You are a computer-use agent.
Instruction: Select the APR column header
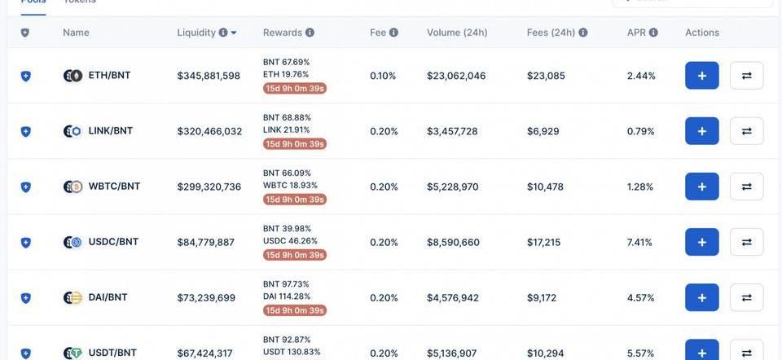coord(636,33)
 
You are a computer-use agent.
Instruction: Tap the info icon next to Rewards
coord(310,33)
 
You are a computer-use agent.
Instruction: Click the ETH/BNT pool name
coord(109,76)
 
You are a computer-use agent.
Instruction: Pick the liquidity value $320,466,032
coord(209,131)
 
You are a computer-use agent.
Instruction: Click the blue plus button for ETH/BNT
coord(701,76)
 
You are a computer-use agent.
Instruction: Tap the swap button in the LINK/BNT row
coord(746,131)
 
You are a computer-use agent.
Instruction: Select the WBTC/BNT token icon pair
coord(73,187)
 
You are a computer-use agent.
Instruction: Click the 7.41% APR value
coord(639,242)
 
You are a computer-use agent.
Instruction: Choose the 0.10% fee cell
coord(383,76)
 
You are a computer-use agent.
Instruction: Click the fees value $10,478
coord(545,187)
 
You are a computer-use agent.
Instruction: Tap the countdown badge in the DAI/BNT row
coord(294,310)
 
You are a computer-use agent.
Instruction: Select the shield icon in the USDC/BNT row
coord(25,242)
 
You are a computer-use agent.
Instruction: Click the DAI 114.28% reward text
coord(287,296)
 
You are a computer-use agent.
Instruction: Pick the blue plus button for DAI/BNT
coord(701,297)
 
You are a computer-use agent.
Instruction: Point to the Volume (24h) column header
coord(457,33)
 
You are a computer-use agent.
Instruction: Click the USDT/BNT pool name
coord(112,353)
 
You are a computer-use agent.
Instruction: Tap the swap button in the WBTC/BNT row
coord(746,187)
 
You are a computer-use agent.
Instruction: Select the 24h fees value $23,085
coord(546,76)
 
